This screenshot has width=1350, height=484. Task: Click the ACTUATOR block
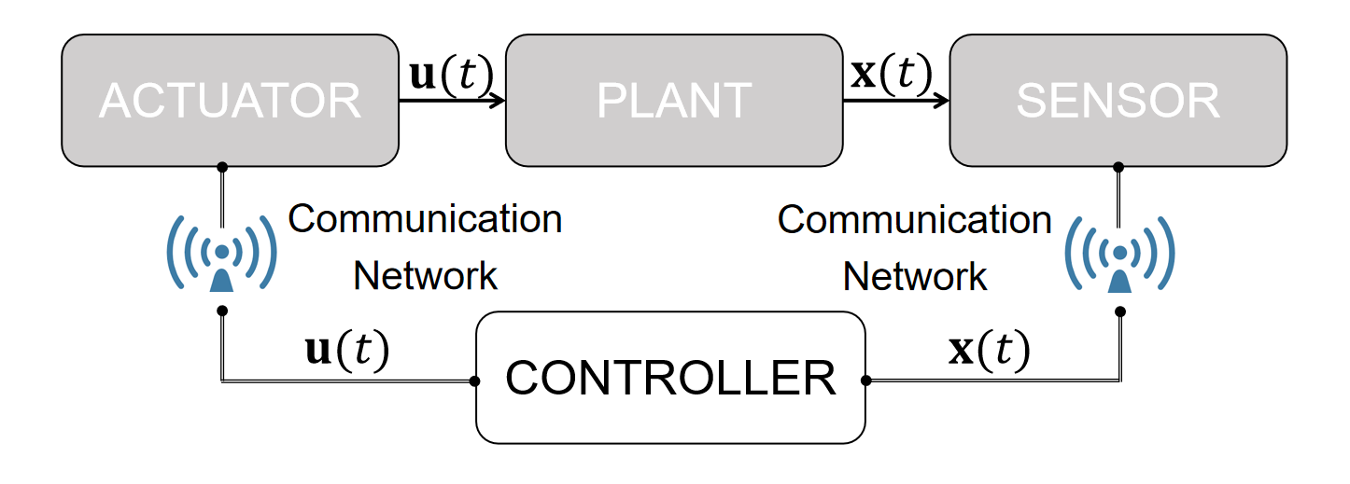230,101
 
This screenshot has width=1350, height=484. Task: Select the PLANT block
673,101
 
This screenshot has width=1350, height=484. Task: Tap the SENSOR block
1118,101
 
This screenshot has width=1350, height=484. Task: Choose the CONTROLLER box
670,378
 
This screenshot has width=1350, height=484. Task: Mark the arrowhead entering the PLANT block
499,100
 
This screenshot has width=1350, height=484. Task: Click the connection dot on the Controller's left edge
475,380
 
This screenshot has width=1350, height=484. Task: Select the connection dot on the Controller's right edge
866,380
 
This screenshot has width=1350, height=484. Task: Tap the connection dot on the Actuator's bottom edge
222,168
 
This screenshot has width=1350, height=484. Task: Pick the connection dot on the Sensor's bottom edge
1118,168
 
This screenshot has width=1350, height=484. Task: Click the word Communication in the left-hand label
425,220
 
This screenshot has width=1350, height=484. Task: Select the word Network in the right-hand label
914,276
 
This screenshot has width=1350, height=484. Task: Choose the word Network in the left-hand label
425,276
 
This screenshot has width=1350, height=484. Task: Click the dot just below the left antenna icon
222,311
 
